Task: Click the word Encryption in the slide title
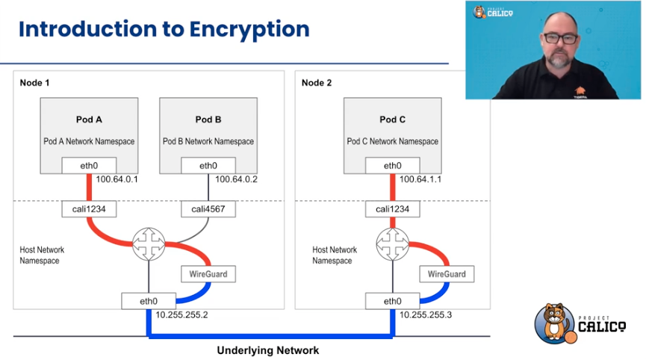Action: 249,30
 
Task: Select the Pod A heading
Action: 89,120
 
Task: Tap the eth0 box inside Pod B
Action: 208,166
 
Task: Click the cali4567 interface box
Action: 208,209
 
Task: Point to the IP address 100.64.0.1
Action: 117,179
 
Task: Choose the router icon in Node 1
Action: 149,244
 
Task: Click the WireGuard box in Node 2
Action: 447,274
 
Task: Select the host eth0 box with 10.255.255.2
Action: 149,301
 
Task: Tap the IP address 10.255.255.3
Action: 426,315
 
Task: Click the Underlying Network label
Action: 268,350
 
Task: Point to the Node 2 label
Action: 317,83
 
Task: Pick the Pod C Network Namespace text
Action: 393,141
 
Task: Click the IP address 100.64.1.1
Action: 420,179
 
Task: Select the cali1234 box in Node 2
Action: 393,209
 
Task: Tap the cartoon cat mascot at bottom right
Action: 555,323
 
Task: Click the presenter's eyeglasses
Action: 561,39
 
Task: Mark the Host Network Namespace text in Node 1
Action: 42,255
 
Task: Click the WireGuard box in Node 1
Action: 208,274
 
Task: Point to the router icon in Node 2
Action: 393,244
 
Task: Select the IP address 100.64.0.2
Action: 236,179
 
